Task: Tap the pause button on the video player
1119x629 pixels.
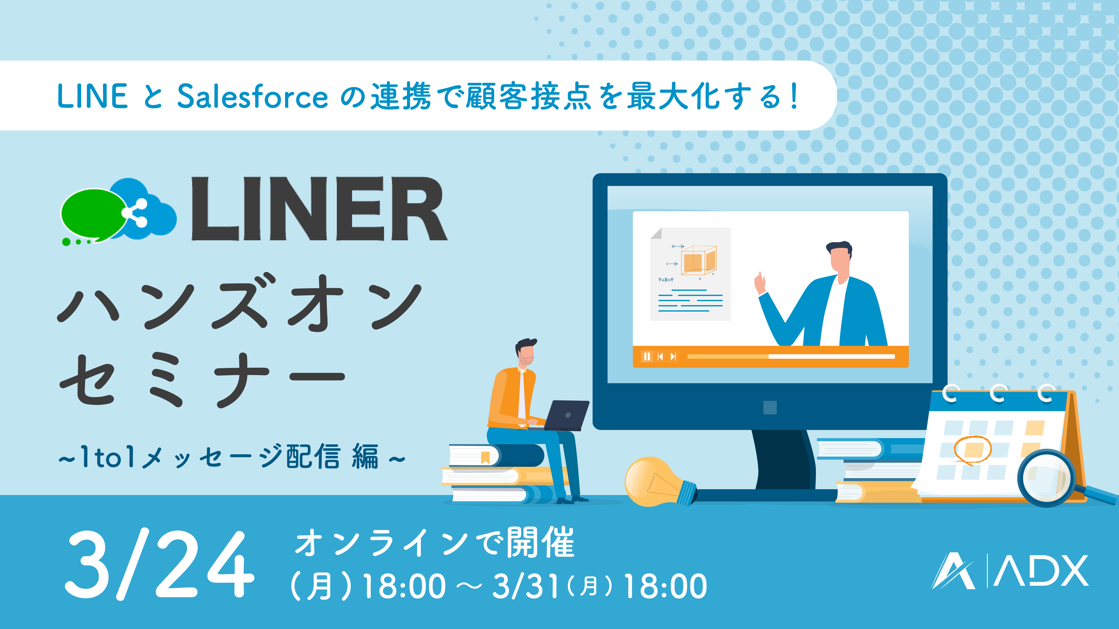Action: [x=647, y=356]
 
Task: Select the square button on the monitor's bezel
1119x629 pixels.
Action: [x=770, y=407]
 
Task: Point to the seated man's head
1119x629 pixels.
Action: [x=526, y=352]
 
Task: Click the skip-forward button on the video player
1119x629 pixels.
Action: [x=673, y=356]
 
